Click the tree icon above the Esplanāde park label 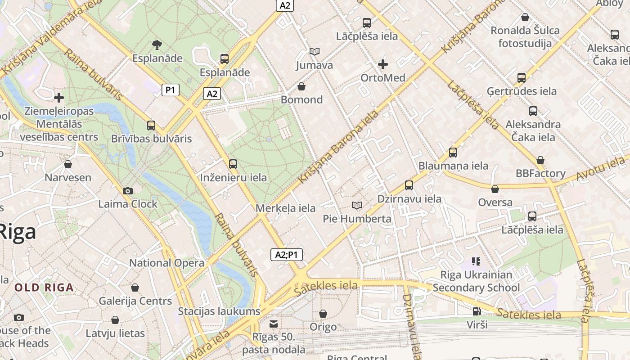157,45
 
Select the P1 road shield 170,90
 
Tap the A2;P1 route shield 287,255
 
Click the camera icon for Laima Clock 128,191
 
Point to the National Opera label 166,263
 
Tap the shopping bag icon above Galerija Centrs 135,288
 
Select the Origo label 323,327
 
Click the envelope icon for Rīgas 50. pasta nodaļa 273,324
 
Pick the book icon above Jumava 314,52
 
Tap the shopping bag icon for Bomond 301,86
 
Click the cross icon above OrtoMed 383,64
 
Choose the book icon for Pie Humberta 357,206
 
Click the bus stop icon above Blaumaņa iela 453,153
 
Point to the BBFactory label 540,173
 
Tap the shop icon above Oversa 495,189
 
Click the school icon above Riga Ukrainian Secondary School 476,261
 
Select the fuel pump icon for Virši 477,311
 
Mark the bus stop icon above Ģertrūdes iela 522,78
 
